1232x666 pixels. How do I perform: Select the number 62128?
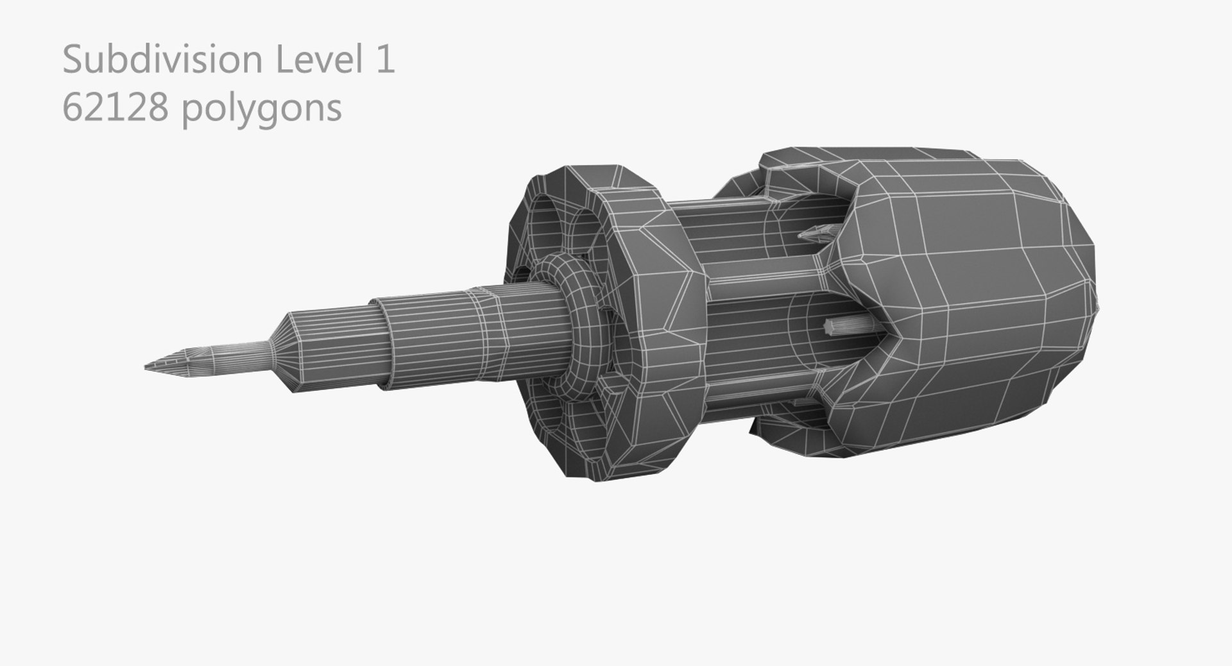pyautogui.click(x=116, y=108)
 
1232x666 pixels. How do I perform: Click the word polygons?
pyautogui.click(x=261, y=109)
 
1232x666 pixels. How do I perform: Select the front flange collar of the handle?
pyautogui.click(x=648, y=321)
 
